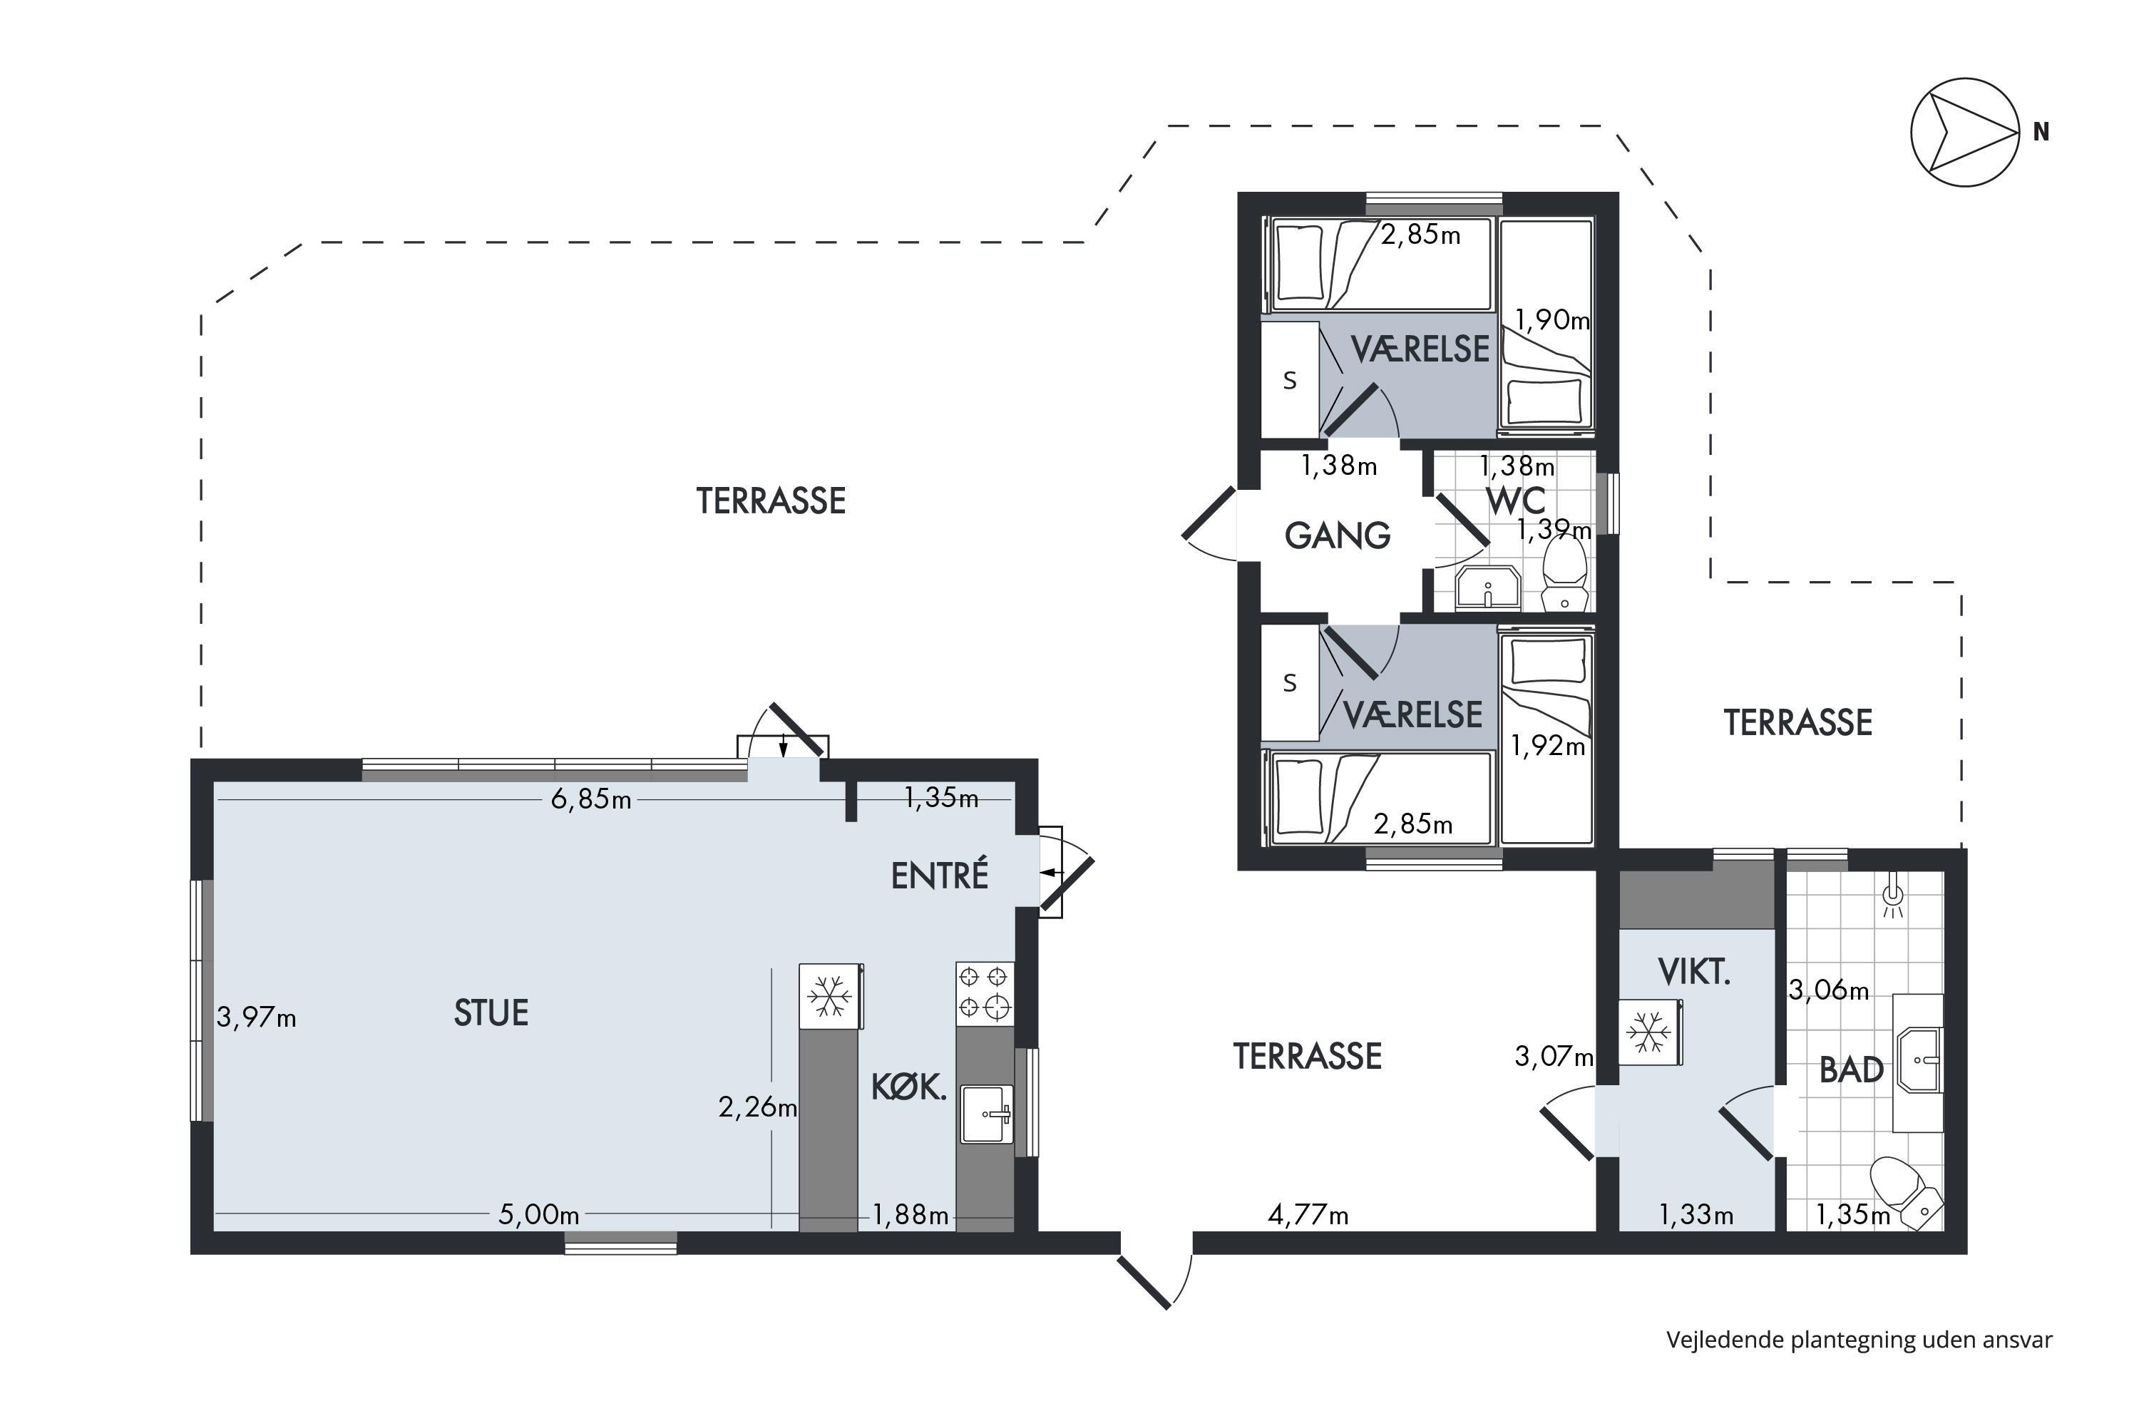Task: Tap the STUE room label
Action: tap(491, 1013)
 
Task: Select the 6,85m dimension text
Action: tap(591, 799)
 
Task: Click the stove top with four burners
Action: tap(984, 993)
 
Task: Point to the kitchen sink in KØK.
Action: tap(987, 1114)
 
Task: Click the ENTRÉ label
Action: tap(940, 876)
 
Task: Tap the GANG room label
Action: tap(1338, 535)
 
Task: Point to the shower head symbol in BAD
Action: tap(1892, 896)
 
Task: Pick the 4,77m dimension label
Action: tap(1308, 1214)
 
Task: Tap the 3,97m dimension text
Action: tap(257, 1017)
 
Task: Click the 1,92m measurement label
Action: tap(1549, 746)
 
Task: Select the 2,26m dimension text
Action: tap(757, 1107)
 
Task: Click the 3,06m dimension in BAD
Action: tap(1829, 990)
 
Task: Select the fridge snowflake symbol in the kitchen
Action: tap(829, 996)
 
